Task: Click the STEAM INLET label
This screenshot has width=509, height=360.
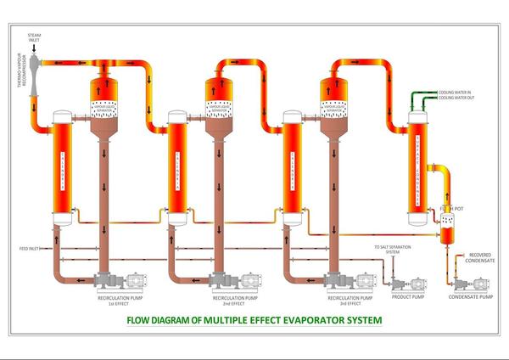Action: tap(34, 38)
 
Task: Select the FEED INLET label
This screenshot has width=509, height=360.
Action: tap(30, 249)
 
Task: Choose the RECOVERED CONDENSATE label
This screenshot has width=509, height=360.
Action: tap(481, 257)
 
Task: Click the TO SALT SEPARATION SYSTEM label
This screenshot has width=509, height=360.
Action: tap(387, 250)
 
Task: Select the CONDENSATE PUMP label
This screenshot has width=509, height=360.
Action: tap(471, 297)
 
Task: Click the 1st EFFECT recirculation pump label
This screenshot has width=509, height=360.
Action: tap(116, 302)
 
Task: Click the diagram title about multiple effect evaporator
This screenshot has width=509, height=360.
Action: tap(254, 321)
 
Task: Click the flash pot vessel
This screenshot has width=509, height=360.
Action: tap(448, 226)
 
